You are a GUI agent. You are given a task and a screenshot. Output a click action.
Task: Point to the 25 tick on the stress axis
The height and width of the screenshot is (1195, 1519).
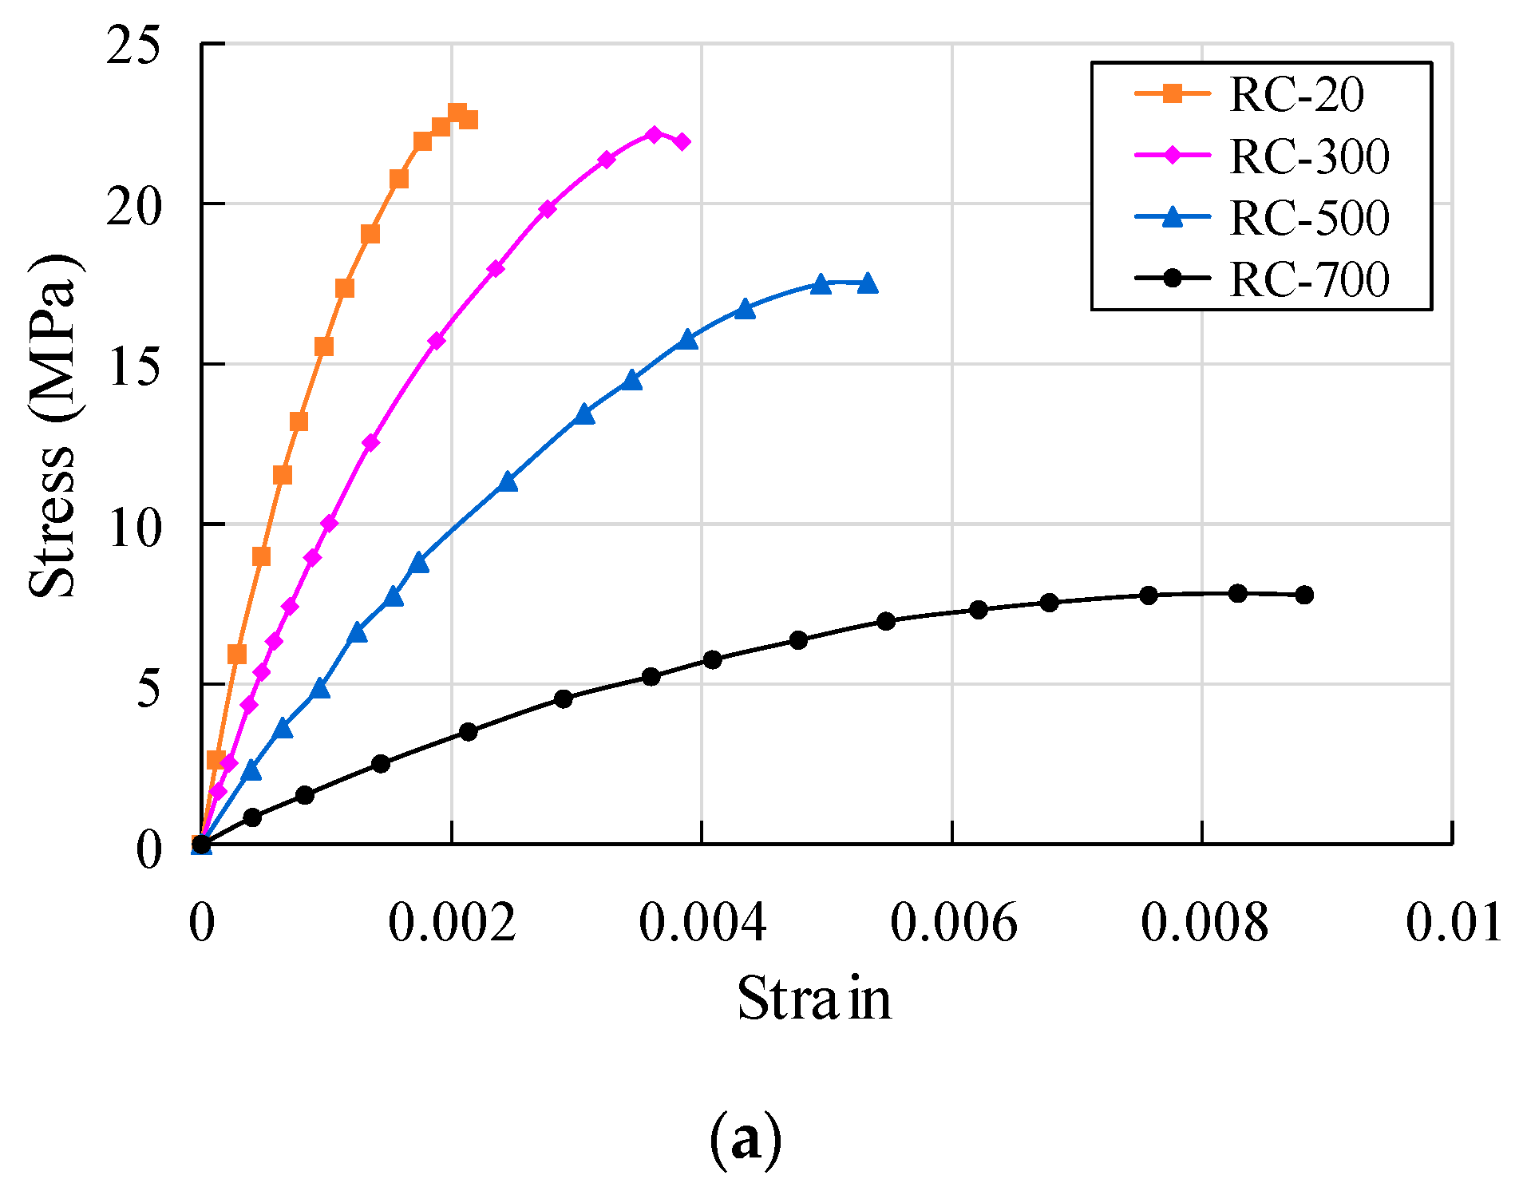(x=133, y=45)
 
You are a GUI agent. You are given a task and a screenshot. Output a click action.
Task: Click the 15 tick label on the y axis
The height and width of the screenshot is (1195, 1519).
(x=133, y=366)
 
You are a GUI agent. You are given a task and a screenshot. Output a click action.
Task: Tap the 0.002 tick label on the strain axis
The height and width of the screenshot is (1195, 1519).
(x=452, y=924)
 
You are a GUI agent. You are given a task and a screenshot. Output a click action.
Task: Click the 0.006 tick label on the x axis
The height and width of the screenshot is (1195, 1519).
(x=953, y=924)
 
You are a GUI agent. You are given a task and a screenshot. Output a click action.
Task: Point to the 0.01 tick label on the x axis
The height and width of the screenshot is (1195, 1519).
(x=1453, y=924)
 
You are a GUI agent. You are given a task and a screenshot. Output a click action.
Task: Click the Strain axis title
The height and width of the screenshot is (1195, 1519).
(x=813, y=999)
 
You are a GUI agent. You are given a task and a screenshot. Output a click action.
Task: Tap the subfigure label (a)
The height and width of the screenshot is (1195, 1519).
(x=746, y=1142)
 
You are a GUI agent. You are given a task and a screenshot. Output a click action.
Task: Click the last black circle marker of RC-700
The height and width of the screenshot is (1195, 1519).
(x=1304, y=595)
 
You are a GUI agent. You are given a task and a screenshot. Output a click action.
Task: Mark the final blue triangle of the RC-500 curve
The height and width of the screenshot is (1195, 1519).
(x=868, y=283)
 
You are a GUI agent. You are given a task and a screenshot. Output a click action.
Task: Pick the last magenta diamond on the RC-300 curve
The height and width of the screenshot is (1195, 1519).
(x=682, y=141)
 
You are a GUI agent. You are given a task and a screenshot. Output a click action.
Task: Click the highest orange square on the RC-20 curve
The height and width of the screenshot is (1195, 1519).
(x=457, y=112)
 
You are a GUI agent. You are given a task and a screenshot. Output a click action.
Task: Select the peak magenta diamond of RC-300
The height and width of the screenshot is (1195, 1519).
(x=654, y=134)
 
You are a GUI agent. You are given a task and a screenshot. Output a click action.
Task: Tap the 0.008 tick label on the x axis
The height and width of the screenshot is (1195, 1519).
(x=1203, y=924)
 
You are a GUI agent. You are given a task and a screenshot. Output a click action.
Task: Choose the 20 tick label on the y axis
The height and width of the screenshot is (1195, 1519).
(x=133, y=206)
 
